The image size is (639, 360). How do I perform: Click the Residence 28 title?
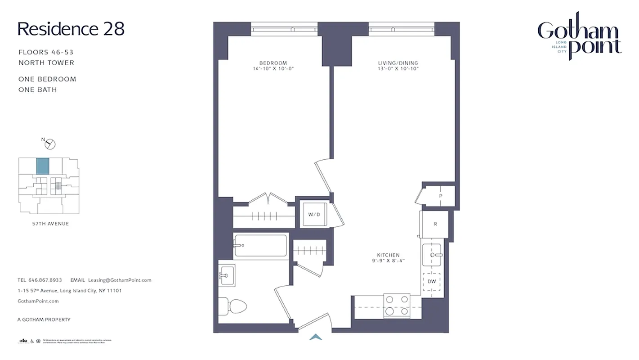tap(71, 29)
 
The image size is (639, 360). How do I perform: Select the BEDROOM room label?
tap(273, 63)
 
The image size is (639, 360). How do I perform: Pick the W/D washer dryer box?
tap(314, 214)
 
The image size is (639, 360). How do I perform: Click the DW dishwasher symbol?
tap(432, 281)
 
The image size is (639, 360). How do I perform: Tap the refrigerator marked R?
tap(435, 224)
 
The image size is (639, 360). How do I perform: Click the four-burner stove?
tap(396, 305)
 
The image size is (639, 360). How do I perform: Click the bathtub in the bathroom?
tap(260, 246)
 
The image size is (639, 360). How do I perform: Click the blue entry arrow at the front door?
tap(316, 337)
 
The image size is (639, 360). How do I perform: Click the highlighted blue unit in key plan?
tap(43, 166)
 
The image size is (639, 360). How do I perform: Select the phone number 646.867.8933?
tap(46, 280)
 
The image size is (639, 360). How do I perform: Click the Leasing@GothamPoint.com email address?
tap(120, 280)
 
